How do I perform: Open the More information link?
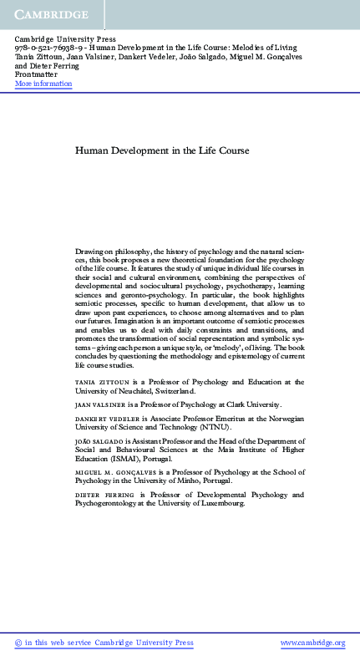pyautogui.click(x=43, y=84)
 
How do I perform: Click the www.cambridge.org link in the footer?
pyautogui.click(x=312, y=643)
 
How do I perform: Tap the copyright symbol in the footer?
pyautogui.click(x=19, y=643)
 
